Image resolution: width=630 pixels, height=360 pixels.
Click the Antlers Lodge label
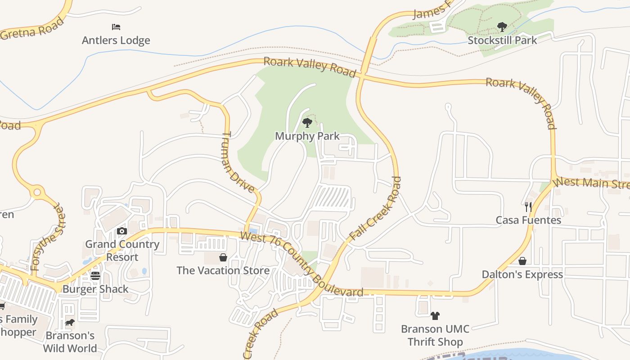pos(116,40)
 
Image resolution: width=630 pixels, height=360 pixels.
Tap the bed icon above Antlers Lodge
pos(116,27)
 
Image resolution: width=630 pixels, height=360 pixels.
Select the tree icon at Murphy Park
pos(307,122)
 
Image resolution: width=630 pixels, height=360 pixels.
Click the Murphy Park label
pos(307,136)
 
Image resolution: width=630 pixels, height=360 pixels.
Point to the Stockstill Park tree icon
pos(502,27)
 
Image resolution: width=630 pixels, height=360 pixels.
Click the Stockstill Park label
pos(502,40)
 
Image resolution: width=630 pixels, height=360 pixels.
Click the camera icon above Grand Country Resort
pos(122,231)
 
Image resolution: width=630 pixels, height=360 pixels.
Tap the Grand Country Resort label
pos(122,251)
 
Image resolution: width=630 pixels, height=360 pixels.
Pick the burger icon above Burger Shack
pos(95,275)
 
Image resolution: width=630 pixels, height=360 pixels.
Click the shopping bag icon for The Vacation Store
pos(223,257)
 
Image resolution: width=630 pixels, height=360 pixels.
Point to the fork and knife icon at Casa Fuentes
pos(528,207)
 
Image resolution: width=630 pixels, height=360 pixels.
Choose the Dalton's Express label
pos(522,274)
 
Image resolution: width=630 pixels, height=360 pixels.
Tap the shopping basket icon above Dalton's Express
pos(522,261)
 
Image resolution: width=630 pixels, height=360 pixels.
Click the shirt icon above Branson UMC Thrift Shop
pos(435,315)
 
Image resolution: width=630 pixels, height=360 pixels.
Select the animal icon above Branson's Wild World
pos(70,322)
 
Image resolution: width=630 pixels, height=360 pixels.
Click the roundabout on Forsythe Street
pos(37,193)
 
